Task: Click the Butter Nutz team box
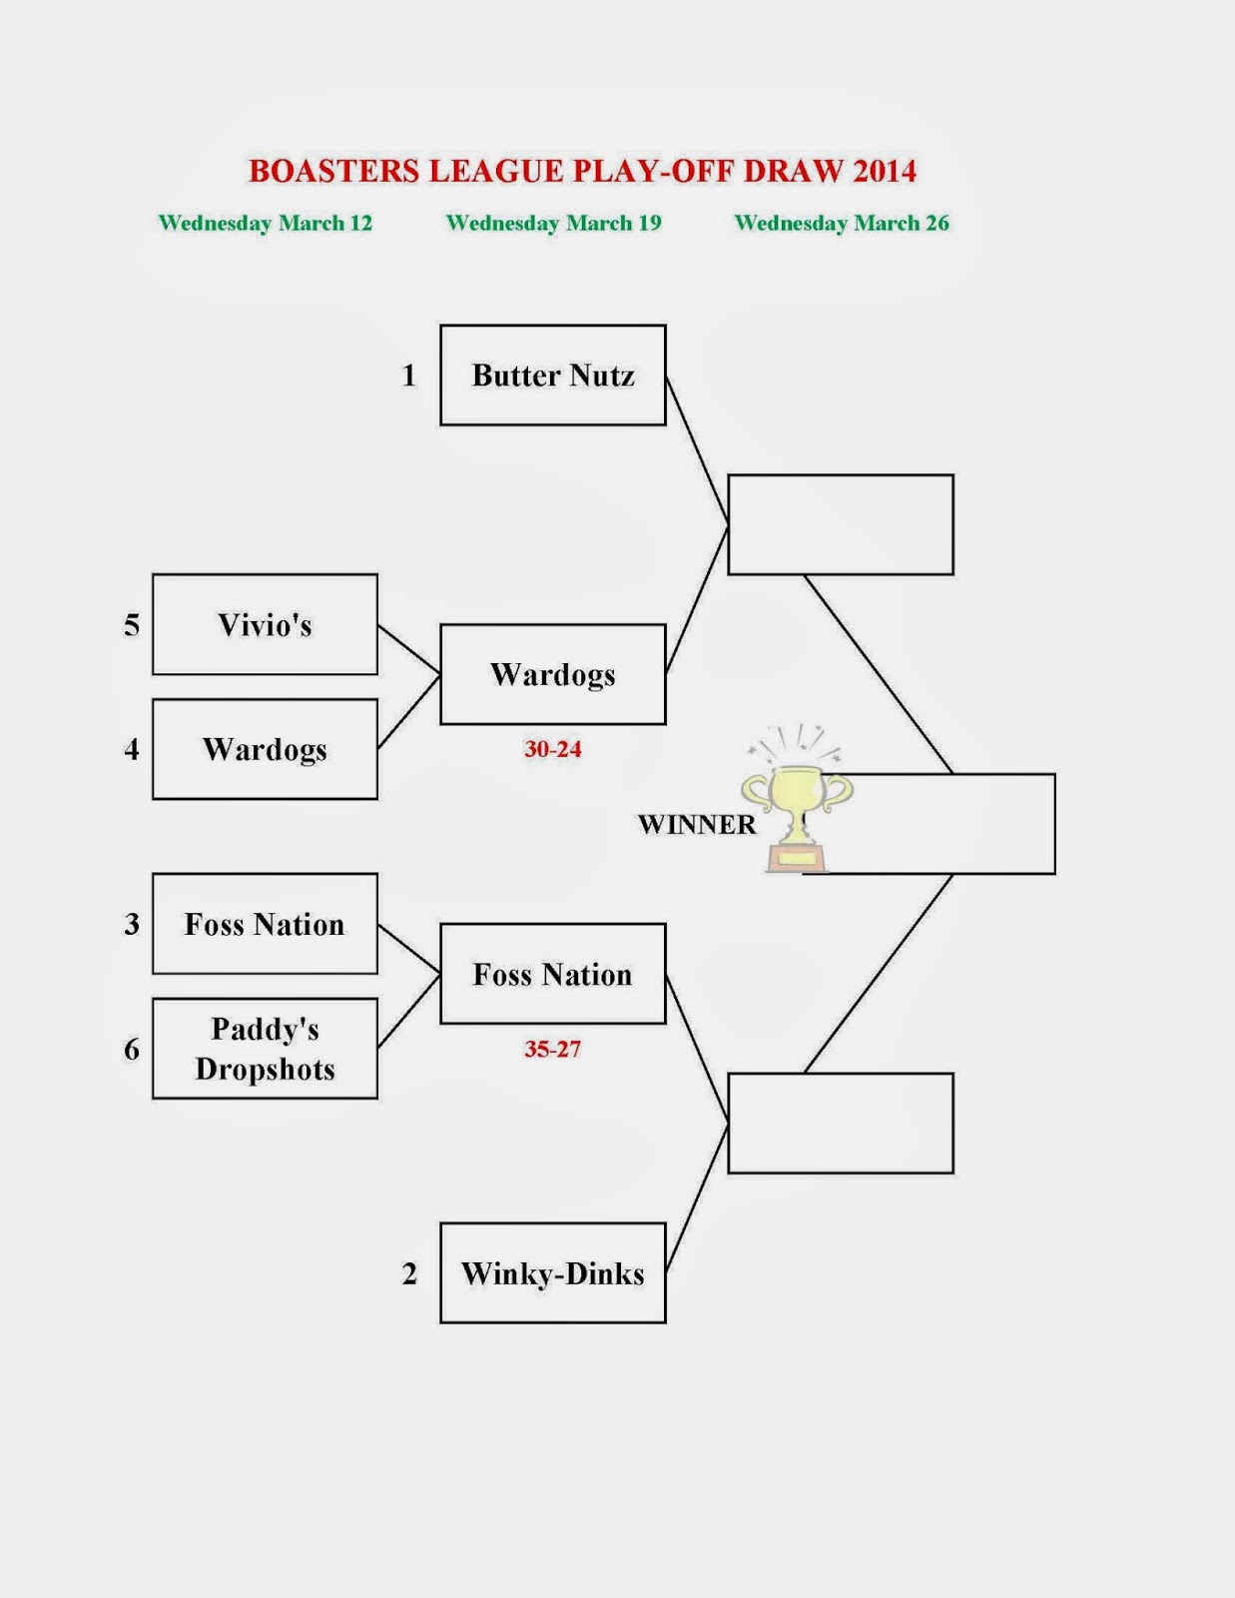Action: click(553, 376)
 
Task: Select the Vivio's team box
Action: click(266, 624)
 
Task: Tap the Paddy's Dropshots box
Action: click(266, 1049)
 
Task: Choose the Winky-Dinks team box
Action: click(553, 1273)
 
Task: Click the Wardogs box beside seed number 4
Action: click(266, 749)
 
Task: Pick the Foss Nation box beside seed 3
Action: click(266, 924)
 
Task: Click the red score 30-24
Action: click(553, 749)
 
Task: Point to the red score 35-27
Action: click(553, 1049)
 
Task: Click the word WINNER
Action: click(697, 824)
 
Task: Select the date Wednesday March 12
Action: click(266, 223)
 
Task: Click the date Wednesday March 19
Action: click(553, 223)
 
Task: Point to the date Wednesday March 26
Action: click(842, 223)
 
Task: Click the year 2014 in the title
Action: click(886, 171)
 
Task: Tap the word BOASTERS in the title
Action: click(334, 171)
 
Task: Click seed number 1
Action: click(408, 376)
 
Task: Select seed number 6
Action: click(132, 1049)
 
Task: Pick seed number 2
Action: click(409, 1273)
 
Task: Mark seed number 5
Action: click(132, 624)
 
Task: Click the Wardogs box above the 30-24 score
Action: click(553, 674)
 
